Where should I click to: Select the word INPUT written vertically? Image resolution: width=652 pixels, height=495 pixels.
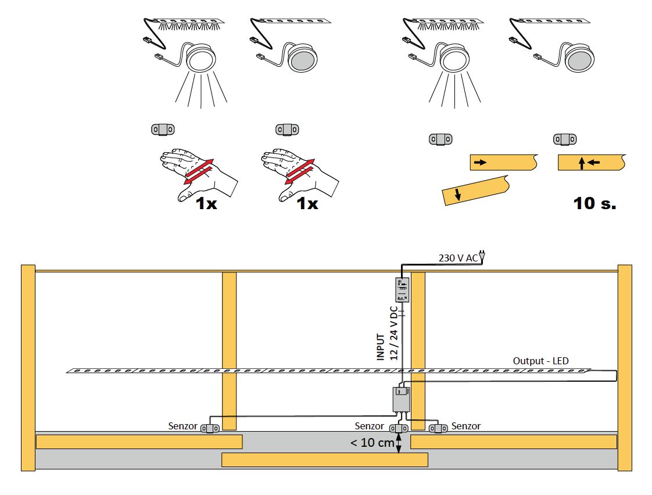click(381, 347)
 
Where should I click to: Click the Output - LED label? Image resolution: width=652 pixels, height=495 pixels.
click(540, 361)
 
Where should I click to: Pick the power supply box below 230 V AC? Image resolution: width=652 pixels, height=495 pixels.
click(402, 289)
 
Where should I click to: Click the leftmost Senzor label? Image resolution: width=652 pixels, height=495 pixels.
click(183, 426)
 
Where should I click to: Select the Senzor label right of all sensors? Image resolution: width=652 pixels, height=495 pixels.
click(466, 426)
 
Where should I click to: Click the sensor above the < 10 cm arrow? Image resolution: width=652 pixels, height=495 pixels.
click(399, 428)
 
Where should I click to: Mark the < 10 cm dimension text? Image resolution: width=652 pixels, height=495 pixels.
click(371, 443)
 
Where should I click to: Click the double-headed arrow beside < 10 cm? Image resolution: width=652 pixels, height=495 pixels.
click(399, 443)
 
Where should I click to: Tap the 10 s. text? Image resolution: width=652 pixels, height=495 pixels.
click(594, 203)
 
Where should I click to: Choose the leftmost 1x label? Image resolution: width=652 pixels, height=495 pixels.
click(206, 203)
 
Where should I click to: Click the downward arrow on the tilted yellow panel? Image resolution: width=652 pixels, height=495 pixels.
click(458, 194)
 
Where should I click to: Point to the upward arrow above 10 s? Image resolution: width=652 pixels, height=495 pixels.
click(582, 163)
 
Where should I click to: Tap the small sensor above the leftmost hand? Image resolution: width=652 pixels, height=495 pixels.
click(163, 129)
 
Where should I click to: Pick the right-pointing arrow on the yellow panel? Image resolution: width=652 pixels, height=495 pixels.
click(480, 162)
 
